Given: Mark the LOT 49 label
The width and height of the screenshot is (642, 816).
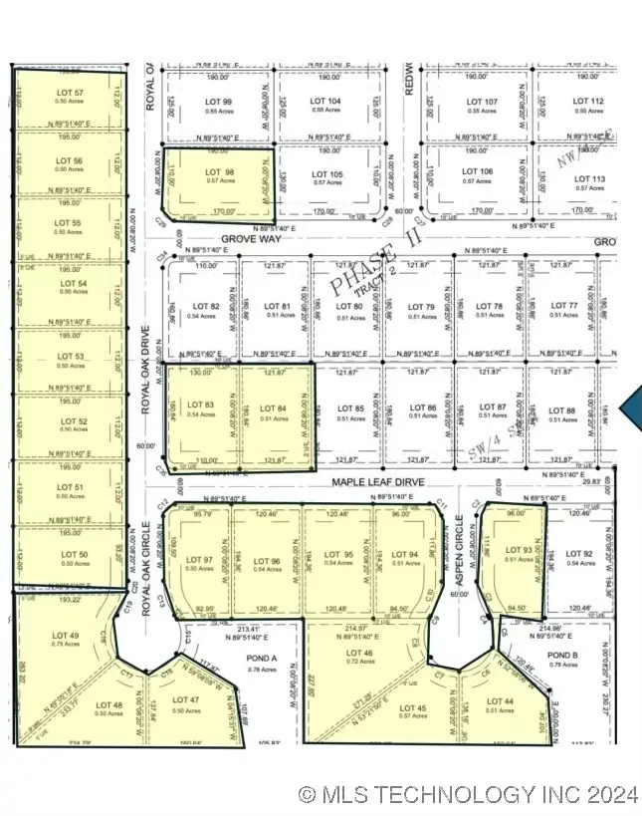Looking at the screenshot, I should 65,635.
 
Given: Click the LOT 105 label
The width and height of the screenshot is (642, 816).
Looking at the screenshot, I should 327,174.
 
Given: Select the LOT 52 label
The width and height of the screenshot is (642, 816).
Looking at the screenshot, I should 68,421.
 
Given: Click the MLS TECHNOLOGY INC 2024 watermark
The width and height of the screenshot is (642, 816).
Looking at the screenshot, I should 467,794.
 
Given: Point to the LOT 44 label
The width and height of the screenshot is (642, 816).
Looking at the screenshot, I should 501,703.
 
